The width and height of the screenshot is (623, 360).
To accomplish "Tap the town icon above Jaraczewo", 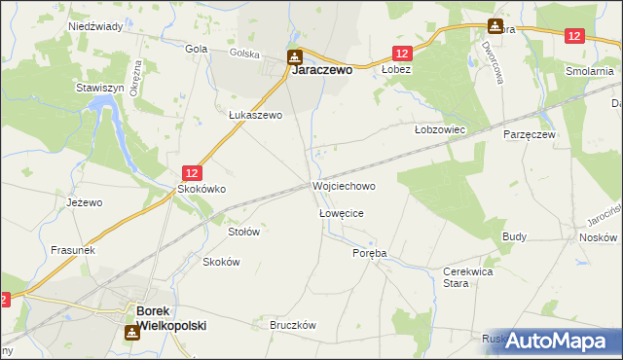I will (x=294, y=56).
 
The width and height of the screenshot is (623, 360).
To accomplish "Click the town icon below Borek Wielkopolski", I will (x=130, y=334).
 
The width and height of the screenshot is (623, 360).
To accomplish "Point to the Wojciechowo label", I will (x=344, y=185).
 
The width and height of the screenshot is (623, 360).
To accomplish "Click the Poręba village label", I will (x=369, y=252).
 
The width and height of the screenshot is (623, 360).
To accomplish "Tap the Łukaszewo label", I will (x=255, y=115).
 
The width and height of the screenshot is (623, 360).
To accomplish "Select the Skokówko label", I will (x=201, y=190).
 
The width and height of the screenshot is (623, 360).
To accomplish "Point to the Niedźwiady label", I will (x=94, y=27).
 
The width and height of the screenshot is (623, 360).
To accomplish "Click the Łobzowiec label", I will (x=441, y=128).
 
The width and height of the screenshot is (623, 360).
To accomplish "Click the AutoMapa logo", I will (x=555, y=340).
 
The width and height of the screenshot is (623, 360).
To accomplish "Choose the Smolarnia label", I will (x=592, y=71).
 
